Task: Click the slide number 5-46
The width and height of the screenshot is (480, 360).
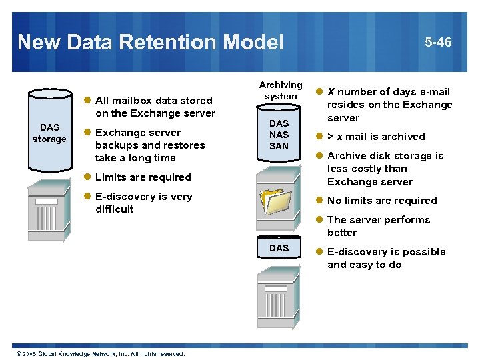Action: [438, 42]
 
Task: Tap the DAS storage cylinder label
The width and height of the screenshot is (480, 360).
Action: [49, 133]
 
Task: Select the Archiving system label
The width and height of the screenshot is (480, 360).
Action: [281, 91]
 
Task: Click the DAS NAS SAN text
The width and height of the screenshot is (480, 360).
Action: [279, 135]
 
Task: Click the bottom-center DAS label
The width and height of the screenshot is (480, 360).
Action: [279, 248]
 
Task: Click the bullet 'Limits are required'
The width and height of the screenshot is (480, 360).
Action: [143, 177]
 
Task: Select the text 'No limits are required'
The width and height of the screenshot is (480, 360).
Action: [382, 201]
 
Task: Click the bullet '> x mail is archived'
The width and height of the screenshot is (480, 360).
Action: [376, 137]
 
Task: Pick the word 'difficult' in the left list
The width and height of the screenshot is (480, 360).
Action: [115, 209]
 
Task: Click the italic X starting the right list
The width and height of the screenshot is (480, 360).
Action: [331, 92]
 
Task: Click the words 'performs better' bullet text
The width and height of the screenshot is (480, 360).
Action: [379, 226]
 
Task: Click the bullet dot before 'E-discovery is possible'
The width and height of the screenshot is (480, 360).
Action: [319, 252]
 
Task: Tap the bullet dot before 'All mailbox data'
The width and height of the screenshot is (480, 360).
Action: [87, 101]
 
